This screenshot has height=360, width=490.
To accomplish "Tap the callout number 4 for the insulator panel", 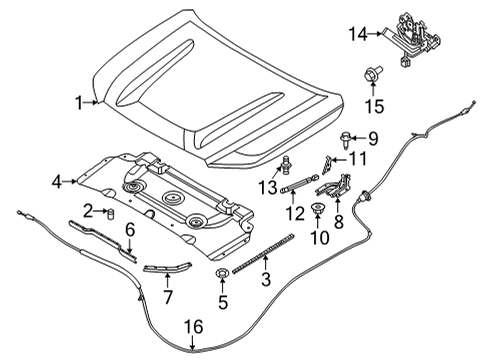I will click(x=56, y=181).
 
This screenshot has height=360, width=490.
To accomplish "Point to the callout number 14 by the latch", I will click(x=356, y=34).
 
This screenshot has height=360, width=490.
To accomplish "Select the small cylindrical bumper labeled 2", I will click(x=112, y=213).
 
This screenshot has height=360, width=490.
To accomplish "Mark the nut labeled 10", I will click(x=317, y=208).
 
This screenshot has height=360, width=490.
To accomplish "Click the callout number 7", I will click(x=169, y=297).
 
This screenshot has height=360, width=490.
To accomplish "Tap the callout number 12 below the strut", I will click(x=293, y=213).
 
